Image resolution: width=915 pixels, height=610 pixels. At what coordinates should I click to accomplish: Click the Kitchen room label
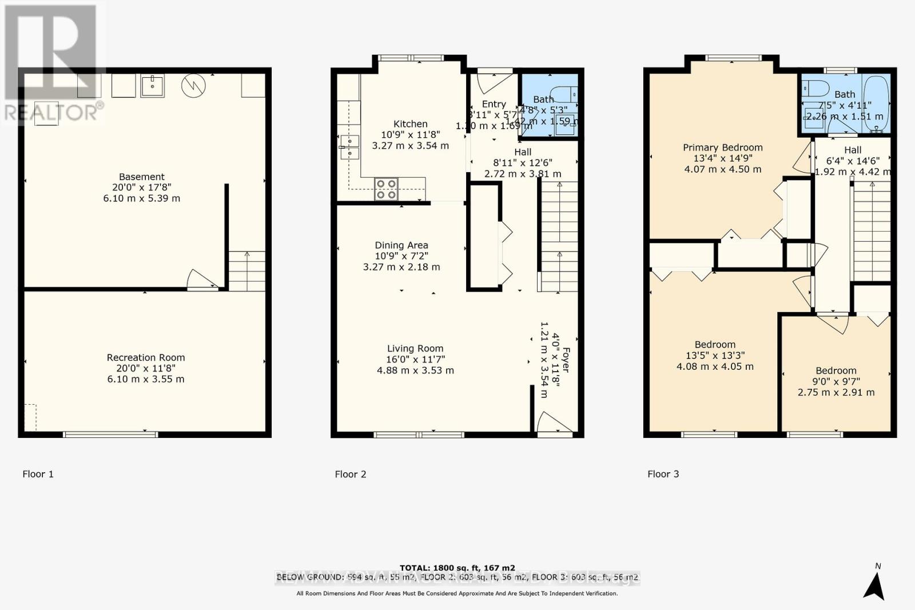tap(410, 124)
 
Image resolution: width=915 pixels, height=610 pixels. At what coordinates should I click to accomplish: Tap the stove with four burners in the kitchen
tap(386, 189)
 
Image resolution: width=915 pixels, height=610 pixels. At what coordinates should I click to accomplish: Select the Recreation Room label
tap(146, 357)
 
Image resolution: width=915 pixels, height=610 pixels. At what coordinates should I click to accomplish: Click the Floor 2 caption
tap(350, 474)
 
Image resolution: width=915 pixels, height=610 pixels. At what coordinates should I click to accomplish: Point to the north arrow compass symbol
tap(874, 583)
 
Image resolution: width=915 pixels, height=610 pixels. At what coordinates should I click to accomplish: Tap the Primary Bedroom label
tap(722, 147)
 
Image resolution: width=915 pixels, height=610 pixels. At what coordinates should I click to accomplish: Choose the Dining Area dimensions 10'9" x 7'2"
tap(401, 256)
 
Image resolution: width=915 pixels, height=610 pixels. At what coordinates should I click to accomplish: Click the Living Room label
tap(415, 349)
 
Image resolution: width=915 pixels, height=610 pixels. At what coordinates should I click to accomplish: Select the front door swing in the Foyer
tap(552, 423)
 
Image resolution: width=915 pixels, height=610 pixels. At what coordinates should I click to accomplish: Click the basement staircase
tap(247, 271)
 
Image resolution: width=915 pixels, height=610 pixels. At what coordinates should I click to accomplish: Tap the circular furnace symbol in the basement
tap(193, 86)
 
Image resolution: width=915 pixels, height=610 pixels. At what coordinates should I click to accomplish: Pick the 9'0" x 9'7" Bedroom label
tap(836, 370)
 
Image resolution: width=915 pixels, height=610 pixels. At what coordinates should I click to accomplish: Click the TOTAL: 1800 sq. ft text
tap(457, 568)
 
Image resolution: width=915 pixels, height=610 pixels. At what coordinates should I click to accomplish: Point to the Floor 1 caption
tap(38, 474)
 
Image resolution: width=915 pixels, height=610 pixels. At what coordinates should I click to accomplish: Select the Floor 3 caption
tap(663, 474)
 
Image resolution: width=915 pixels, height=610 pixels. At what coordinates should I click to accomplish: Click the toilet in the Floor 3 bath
tap(815, 89)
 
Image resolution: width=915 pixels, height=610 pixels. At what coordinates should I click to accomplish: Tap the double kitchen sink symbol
tap(349, 147)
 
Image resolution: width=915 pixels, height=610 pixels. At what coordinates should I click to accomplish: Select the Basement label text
tap(141, 177)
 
